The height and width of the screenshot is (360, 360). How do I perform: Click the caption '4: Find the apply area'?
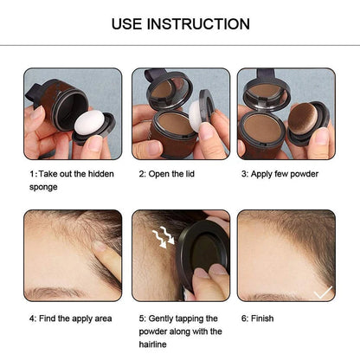[x=70, y=318]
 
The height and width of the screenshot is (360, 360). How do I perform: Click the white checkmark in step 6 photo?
[x=322, y=292]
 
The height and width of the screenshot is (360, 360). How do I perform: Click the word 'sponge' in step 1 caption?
[x=43, y=187]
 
